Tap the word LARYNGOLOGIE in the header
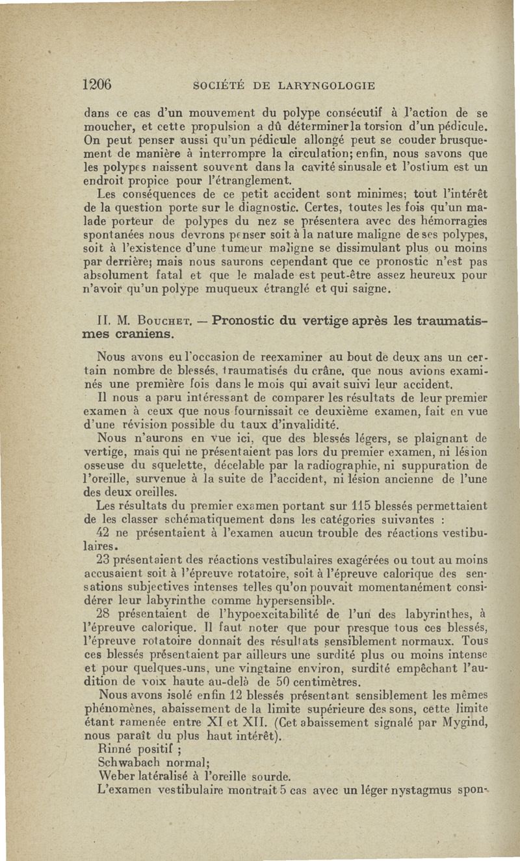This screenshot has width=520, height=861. pos(326,85)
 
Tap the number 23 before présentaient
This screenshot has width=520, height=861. pos(103,559)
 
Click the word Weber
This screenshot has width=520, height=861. pos(116,776)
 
